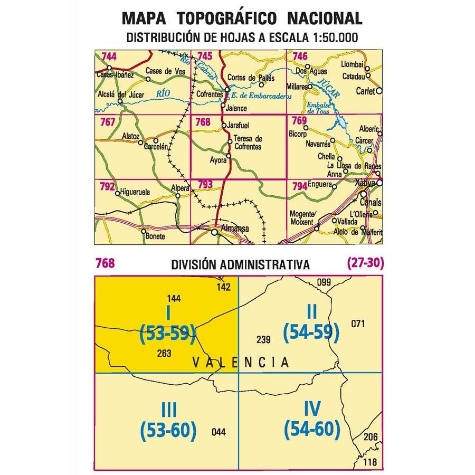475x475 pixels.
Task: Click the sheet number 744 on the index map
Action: click(x=109, y=56)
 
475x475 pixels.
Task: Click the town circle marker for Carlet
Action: click(x=378, y=91)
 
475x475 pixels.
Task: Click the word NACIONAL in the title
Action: click(x=324, y=19)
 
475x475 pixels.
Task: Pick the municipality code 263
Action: click(x=164, y=354)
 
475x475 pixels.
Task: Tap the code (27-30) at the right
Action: click(x=364, y=263)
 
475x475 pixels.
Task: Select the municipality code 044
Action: click(x=217, y=432)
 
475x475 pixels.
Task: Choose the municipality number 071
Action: click(x=358, y=323)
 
